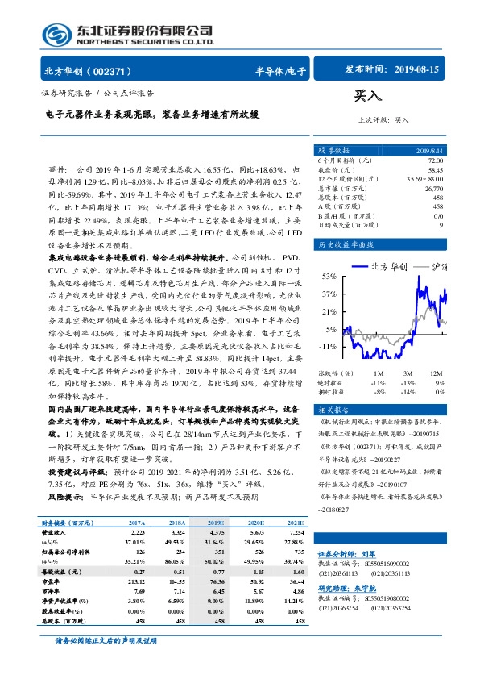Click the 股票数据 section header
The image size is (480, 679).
click(x=334, y=150)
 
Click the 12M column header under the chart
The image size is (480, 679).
click(x=436, y=373)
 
